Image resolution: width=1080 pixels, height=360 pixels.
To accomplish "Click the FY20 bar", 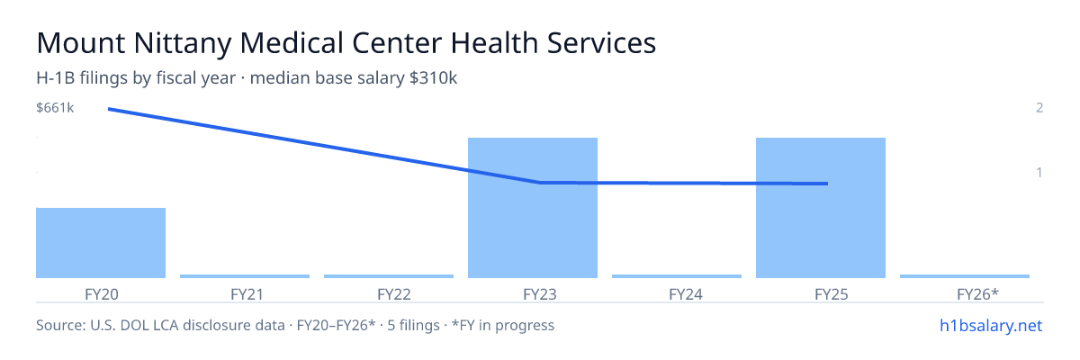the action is point(101,243).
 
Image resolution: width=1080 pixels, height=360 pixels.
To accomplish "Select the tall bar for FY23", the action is point(533,208).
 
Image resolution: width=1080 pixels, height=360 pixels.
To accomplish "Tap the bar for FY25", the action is point(821,208).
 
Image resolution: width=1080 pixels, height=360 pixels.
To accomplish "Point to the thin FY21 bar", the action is point(245,276).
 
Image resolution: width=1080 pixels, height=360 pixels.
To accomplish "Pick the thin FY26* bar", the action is point(965,276).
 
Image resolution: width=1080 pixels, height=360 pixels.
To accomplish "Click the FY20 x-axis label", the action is point(101,294).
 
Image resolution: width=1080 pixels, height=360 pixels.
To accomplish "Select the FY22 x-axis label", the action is point(394,294).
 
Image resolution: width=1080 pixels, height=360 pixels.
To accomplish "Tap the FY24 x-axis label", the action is point(686,294).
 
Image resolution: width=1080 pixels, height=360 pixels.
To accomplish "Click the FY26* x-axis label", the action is point(977,294).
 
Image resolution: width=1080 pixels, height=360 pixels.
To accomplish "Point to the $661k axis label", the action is point(55,108).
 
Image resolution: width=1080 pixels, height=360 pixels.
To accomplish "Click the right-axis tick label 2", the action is point(1039,108).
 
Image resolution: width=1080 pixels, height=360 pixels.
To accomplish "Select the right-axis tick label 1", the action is point(1039,173).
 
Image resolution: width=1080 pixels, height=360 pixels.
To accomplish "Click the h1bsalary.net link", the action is point(991,326).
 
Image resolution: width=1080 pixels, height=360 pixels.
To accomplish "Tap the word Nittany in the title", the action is point(183,43).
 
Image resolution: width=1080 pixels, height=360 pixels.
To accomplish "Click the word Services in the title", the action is point(601,43).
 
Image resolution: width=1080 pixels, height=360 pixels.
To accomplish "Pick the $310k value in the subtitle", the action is point(433,78).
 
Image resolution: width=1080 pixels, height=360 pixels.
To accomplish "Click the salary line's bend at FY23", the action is point(539,183).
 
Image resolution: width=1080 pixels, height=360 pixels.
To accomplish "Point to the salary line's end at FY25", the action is point(827,184).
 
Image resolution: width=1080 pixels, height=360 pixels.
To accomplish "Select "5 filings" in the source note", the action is point(414,326).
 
